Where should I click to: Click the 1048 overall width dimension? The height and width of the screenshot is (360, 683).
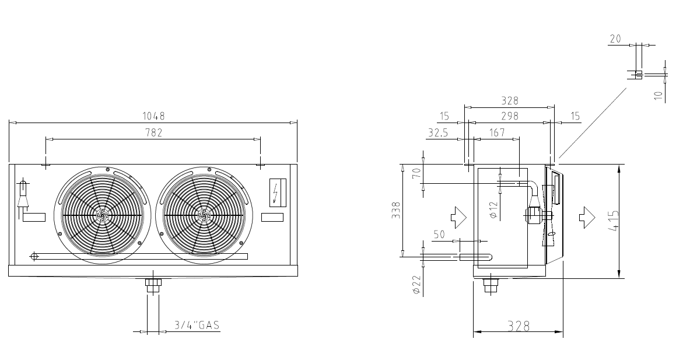154,116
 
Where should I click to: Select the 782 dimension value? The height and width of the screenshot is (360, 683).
154,132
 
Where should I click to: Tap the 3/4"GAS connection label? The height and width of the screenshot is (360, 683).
197,325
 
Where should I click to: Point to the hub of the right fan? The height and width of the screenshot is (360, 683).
203,215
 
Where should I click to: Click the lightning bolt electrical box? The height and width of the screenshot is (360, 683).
278,192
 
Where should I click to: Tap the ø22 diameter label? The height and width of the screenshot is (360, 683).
416,285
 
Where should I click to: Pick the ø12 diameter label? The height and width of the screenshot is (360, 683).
493,211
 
